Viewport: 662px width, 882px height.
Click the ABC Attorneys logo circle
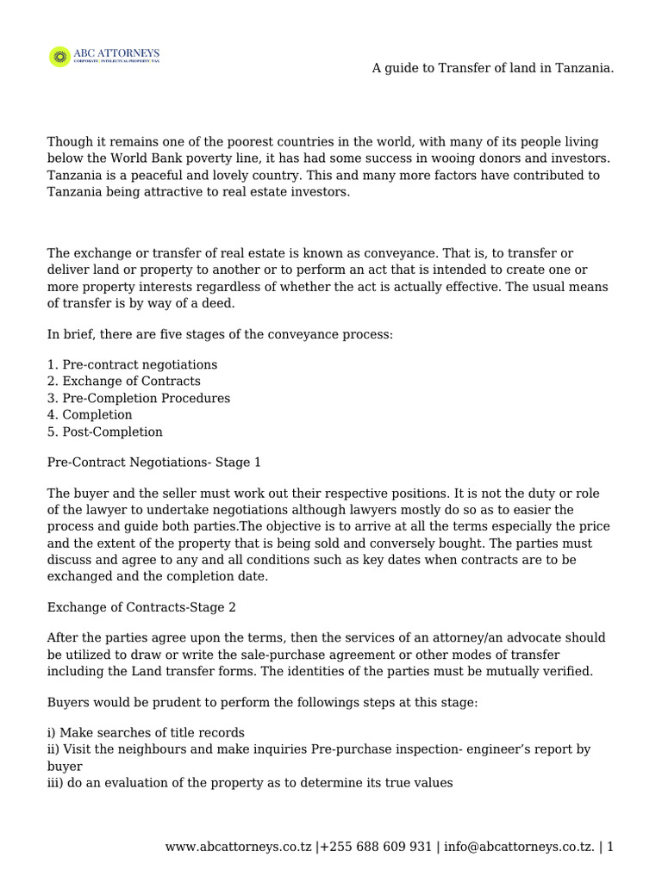pyautogui.click(x=60, y=58)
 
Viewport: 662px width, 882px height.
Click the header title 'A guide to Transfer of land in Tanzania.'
pyautogui.click(x=492, y=68)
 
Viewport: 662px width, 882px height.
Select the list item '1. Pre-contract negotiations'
pyautogui.click(x=132, y=364)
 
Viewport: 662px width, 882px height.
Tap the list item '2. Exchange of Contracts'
pyautogui.click(x=123, y=381)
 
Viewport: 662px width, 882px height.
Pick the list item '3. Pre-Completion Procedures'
pyautogui.click(x=138, y=398)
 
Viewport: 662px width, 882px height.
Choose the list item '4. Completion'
pyautogui.click(x=90, y=415)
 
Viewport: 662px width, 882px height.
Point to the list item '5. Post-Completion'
pyautogui.click(x=104, y=432)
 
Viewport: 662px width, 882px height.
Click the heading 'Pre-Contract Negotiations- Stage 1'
pyautogui.click(x=153, y=463)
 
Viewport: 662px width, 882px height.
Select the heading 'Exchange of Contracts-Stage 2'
pyautogui.click(x=141, y=607)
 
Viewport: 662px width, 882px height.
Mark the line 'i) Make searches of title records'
pyautogui.click(x=146, y=732)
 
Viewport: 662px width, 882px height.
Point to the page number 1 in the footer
pyautogui.click(x=610, y=847)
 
